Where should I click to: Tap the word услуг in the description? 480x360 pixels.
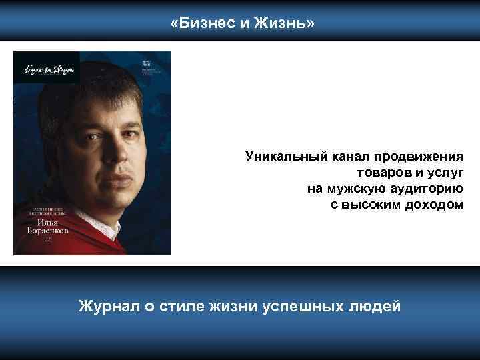(441, 173)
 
